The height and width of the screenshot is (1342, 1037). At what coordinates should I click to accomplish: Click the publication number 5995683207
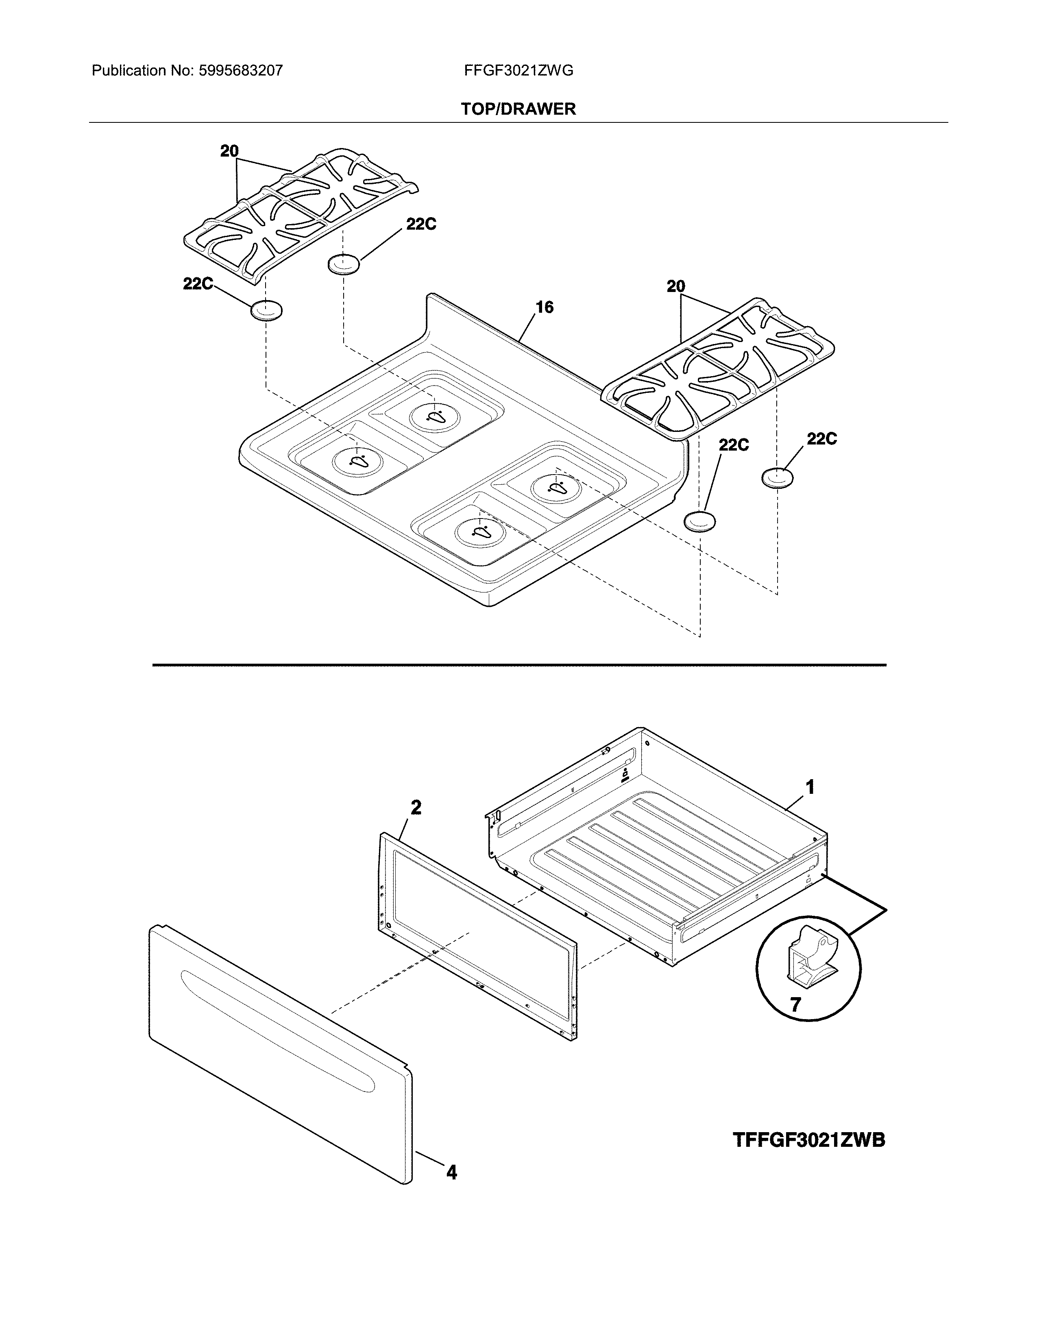coord(240,71)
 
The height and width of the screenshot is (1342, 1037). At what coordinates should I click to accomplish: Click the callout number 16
coord(544,307)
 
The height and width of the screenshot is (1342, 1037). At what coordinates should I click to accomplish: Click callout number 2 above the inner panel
coord(416,807)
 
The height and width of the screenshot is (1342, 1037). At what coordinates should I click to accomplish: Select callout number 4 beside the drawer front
coord(451,1172)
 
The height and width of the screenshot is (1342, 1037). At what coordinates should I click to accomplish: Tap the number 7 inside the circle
coord(795,1004)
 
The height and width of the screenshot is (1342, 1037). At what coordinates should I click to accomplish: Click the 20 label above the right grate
coord(676,286)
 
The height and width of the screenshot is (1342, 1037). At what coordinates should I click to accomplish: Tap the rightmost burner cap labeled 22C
coord(777,477)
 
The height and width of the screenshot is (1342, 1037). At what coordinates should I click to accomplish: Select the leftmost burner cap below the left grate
coord(266,311)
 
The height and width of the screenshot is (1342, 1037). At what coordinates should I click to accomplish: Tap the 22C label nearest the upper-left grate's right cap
coord(421,225)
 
